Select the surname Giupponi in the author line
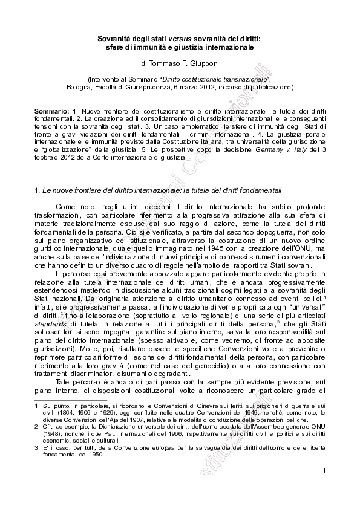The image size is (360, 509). coord(203,62)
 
